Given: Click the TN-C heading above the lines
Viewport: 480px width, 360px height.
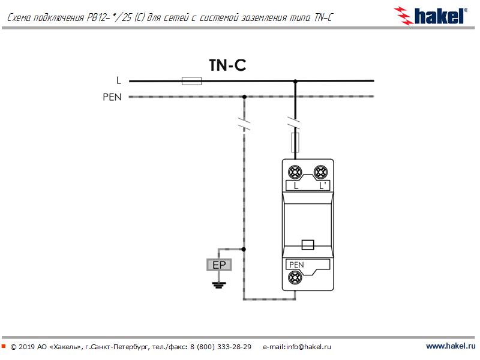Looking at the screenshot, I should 227,65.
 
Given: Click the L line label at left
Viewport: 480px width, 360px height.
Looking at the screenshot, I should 118,80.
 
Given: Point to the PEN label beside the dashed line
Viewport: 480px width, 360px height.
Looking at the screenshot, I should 112,97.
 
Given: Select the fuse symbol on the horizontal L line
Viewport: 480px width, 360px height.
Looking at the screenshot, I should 191,80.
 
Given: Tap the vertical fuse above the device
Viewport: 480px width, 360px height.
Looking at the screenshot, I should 295,143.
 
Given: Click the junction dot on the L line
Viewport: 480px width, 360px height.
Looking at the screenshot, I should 295,80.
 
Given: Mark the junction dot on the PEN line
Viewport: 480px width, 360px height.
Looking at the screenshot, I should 244,96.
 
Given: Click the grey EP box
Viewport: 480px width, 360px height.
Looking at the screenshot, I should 218,265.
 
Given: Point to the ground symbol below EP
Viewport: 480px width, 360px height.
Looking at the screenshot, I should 218,283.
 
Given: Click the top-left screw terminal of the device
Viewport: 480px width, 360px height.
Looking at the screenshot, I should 295,172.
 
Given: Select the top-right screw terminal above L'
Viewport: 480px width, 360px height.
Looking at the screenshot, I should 321,172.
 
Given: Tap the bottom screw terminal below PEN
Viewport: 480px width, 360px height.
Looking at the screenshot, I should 295,277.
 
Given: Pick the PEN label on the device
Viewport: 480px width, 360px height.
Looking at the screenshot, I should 296,264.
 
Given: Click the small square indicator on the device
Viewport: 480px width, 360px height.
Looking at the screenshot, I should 307,244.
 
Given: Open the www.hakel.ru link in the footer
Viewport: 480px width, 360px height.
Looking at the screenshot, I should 450,346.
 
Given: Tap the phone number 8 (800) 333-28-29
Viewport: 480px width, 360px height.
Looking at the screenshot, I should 220,347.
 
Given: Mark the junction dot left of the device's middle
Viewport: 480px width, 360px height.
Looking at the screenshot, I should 244,248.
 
